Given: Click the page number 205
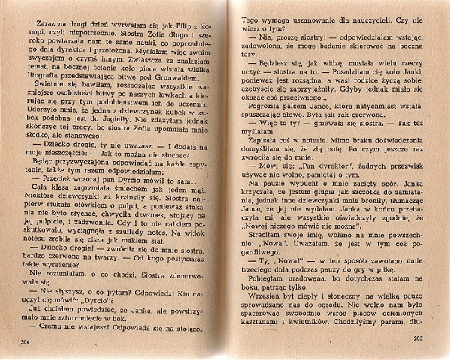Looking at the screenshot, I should click(417, 339).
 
